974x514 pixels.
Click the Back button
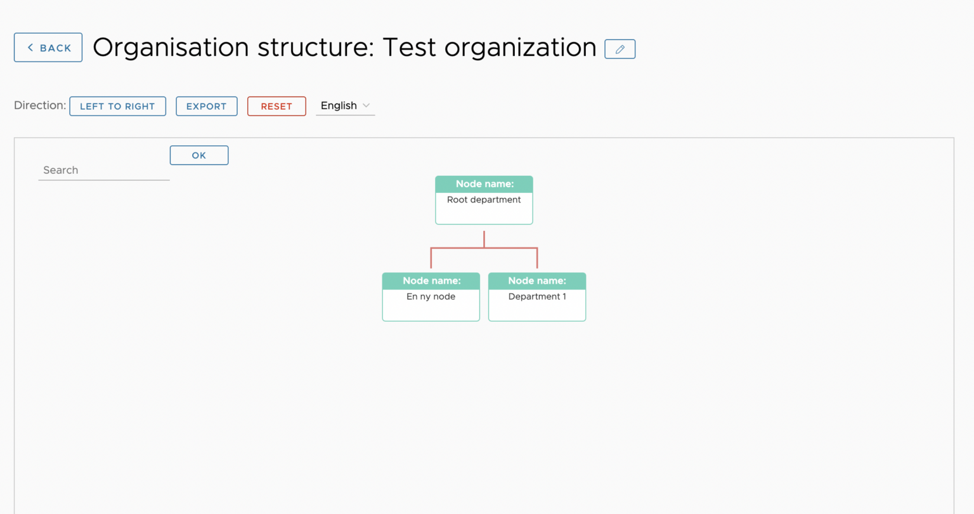click(x=48, y=48)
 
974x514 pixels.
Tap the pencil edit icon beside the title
click(x=620, y=49)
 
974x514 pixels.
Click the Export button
click(x=207, y=106)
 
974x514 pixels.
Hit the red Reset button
click(x=276, y=106)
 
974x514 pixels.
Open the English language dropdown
click(x=345, y=106)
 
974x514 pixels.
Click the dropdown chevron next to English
click(x=366, y=106)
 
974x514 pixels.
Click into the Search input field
click(x=104, y=170)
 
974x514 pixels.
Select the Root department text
click(x=484, y=200)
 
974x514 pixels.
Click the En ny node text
click(x=431, y=297)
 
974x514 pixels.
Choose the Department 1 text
click(x=537, y=297)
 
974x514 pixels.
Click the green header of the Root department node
click(x=484, y=184)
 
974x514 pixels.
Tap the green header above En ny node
click(x=431, y=281)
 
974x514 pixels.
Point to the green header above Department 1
click(x=537, y=281)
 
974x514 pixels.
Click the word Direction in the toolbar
click(x=40, y=105)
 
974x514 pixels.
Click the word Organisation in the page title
click(x=171, y=48)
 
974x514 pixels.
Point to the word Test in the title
click(x=409, y=47)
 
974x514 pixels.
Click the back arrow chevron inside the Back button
click(x=30, y=48)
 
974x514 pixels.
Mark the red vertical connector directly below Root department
click(x=484, y=239)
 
